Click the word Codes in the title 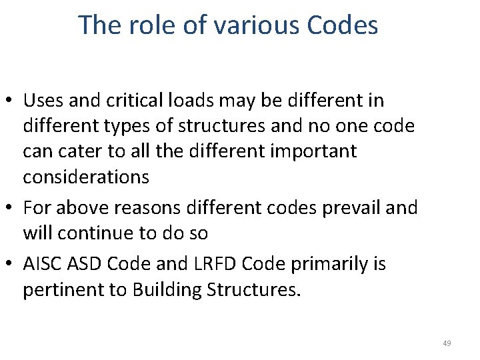click(343, 25)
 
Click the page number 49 click(447, 343)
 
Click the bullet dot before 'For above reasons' click(12, 208)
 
